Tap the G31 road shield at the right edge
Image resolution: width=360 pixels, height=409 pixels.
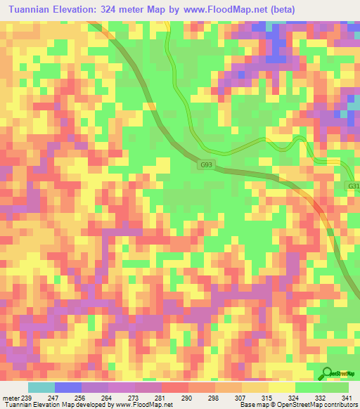[x=354, y=186]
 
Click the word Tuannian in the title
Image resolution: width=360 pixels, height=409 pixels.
[x=32, y=8]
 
